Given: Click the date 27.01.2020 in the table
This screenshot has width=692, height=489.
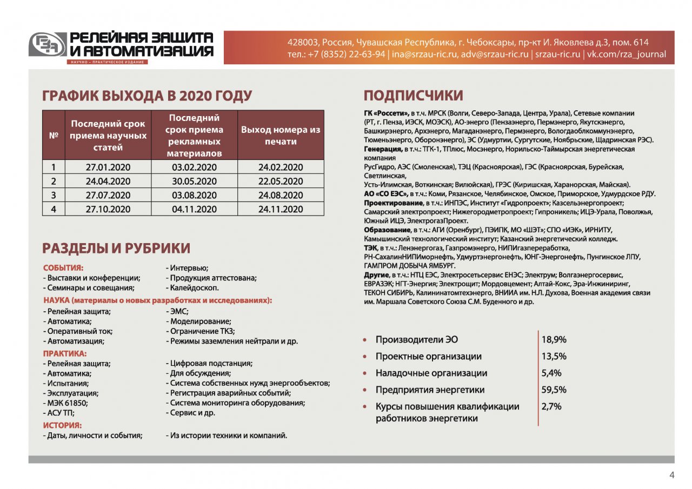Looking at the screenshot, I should click(108, 168).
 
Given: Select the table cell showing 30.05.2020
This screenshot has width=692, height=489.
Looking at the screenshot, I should click(194, 182).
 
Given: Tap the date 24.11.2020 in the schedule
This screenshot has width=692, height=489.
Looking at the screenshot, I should click(281, 209).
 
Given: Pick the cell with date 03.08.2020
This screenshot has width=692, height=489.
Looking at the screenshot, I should click(194, 195).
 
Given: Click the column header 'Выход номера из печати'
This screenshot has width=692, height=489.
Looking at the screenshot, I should click(281, 136).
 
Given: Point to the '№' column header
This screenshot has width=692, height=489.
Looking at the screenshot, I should click(54, 136).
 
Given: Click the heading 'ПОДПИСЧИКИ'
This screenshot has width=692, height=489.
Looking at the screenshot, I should click(413, 96).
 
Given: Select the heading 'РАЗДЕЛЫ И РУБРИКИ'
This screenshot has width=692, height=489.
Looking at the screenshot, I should click(116, 249).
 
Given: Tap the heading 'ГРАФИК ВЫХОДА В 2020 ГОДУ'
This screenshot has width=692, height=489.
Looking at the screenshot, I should click(147, 96).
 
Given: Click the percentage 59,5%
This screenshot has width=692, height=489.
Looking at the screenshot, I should click(554, 390).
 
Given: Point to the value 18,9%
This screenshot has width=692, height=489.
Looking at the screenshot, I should click(554, 340).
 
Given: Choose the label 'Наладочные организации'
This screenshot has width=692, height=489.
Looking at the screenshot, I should click(431, 373).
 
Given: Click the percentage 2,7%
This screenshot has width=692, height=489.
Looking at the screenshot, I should click(551, 406).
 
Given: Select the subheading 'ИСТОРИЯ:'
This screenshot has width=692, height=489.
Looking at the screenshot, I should click(62, 425).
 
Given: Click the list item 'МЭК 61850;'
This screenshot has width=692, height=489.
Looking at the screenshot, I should click(65, 403).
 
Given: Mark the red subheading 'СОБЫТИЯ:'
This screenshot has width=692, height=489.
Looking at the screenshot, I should click(63, 267).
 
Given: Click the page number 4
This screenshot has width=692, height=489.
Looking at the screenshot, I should click(672, 475).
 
